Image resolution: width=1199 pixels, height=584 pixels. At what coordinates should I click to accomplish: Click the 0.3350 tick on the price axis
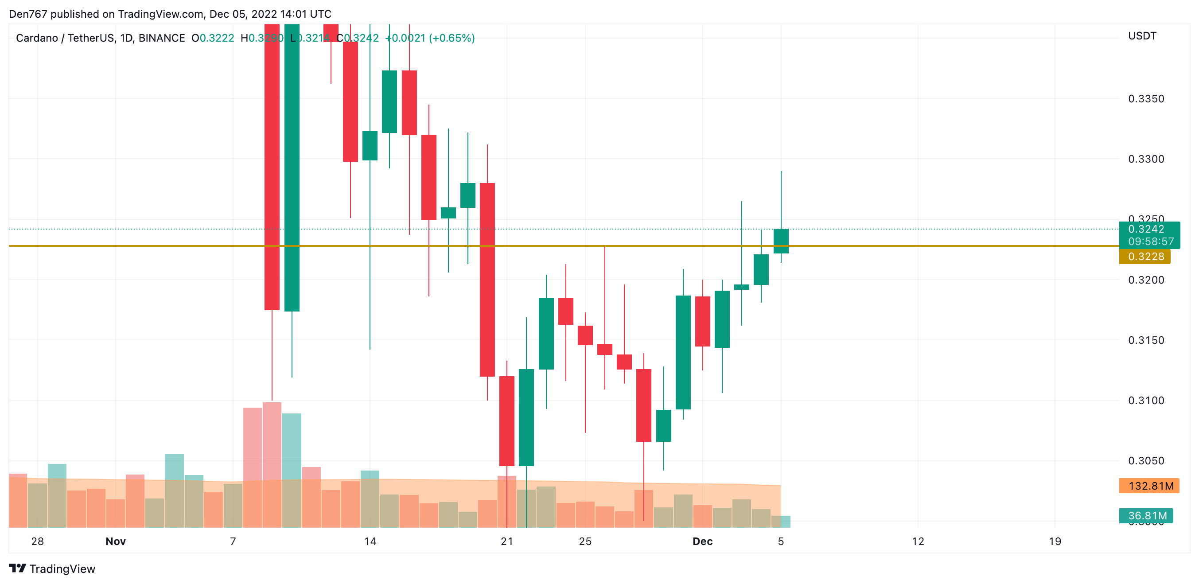[x=1145, y=99]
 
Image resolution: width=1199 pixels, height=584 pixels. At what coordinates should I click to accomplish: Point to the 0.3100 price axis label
[x=1145, y=400]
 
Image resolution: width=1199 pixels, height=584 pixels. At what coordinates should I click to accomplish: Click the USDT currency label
[x=1142, y=36]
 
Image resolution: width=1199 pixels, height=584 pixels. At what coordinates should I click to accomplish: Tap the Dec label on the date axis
[x=702, y=541]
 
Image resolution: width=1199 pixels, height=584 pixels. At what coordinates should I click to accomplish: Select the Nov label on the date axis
[x=116, y=541]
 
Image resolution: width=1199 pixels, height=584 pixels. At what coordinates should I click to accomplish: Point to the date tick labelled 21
[x=506, y=541]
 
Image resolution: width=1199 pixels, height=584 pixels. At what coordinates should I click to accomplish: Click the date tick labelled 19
[x=1054, y=541]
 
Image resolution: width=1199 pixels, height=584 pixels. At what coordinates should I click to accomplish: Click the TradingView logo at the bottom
[x=52, y=568]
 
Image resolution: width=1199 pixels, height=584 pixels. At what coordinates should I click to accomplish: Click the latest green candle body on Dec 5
[x=781, y=241]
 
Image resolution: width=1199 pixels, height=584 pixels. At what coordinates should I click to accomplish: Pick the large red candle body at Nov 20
[x=487, y=279]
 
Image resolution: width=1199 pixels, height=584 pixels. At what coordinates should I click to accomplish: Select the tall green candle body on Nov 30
[x=683, y=352]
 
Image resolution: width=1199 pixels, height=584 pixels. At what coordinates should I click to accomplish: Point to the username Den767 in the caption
[x=28, y=14]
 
